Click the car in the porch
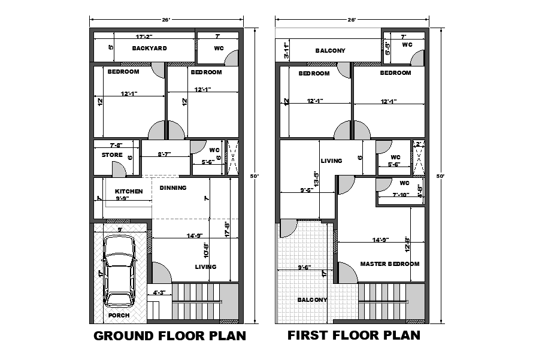119,269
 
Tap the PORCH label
119,315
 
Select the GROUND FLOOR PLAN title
169,336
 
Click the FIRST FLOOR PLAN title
353,335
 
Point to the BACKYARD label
149,49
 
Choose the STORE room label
111,155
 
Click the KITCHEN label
129,191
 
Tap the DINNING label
173,187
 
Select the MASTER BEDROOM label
389,264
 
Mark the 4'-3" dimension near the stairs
159,293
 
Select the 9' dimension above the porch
119,229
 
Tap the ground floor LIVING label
205,267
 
